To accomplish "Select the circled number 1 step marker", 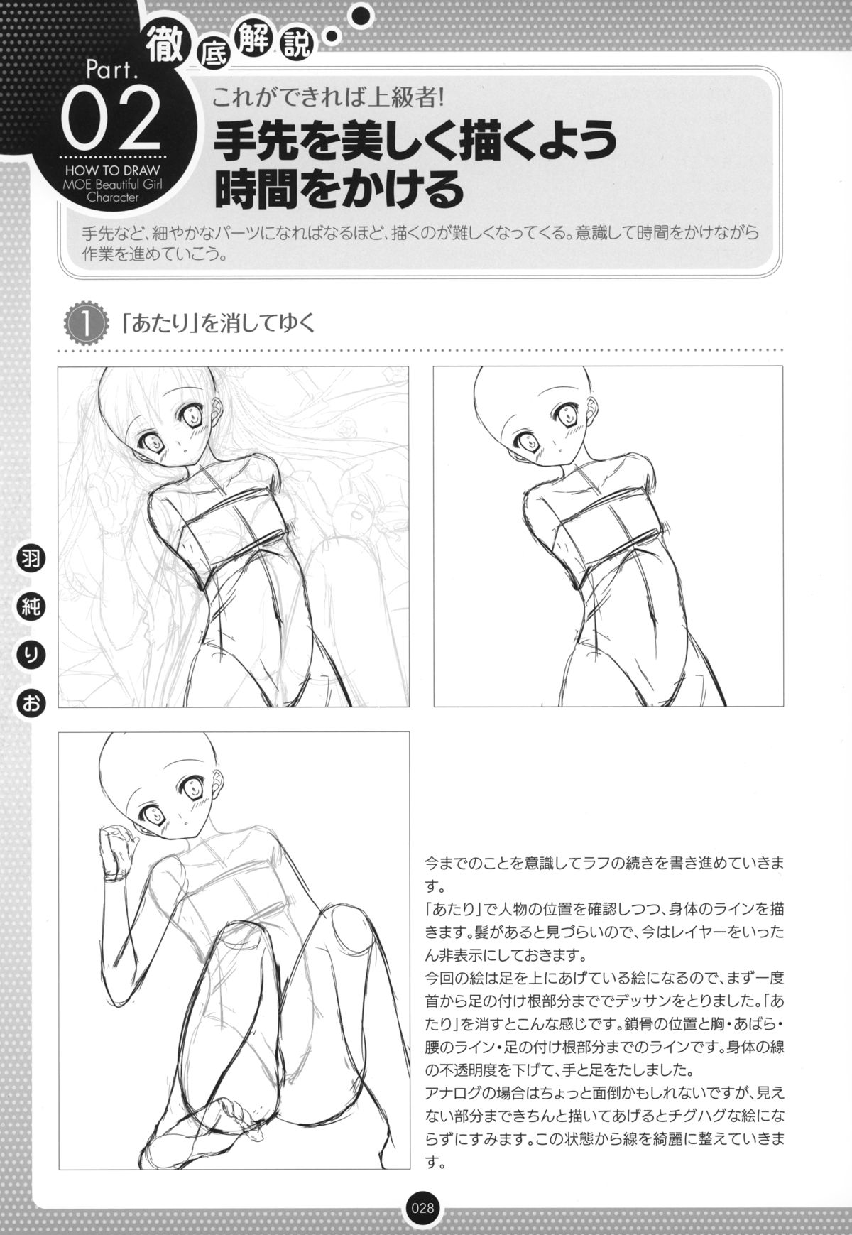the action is coord(85,325).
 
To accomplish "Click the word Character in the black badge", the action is coord(111,198).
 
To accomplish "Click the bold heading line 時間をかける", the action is coord(335,188).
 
